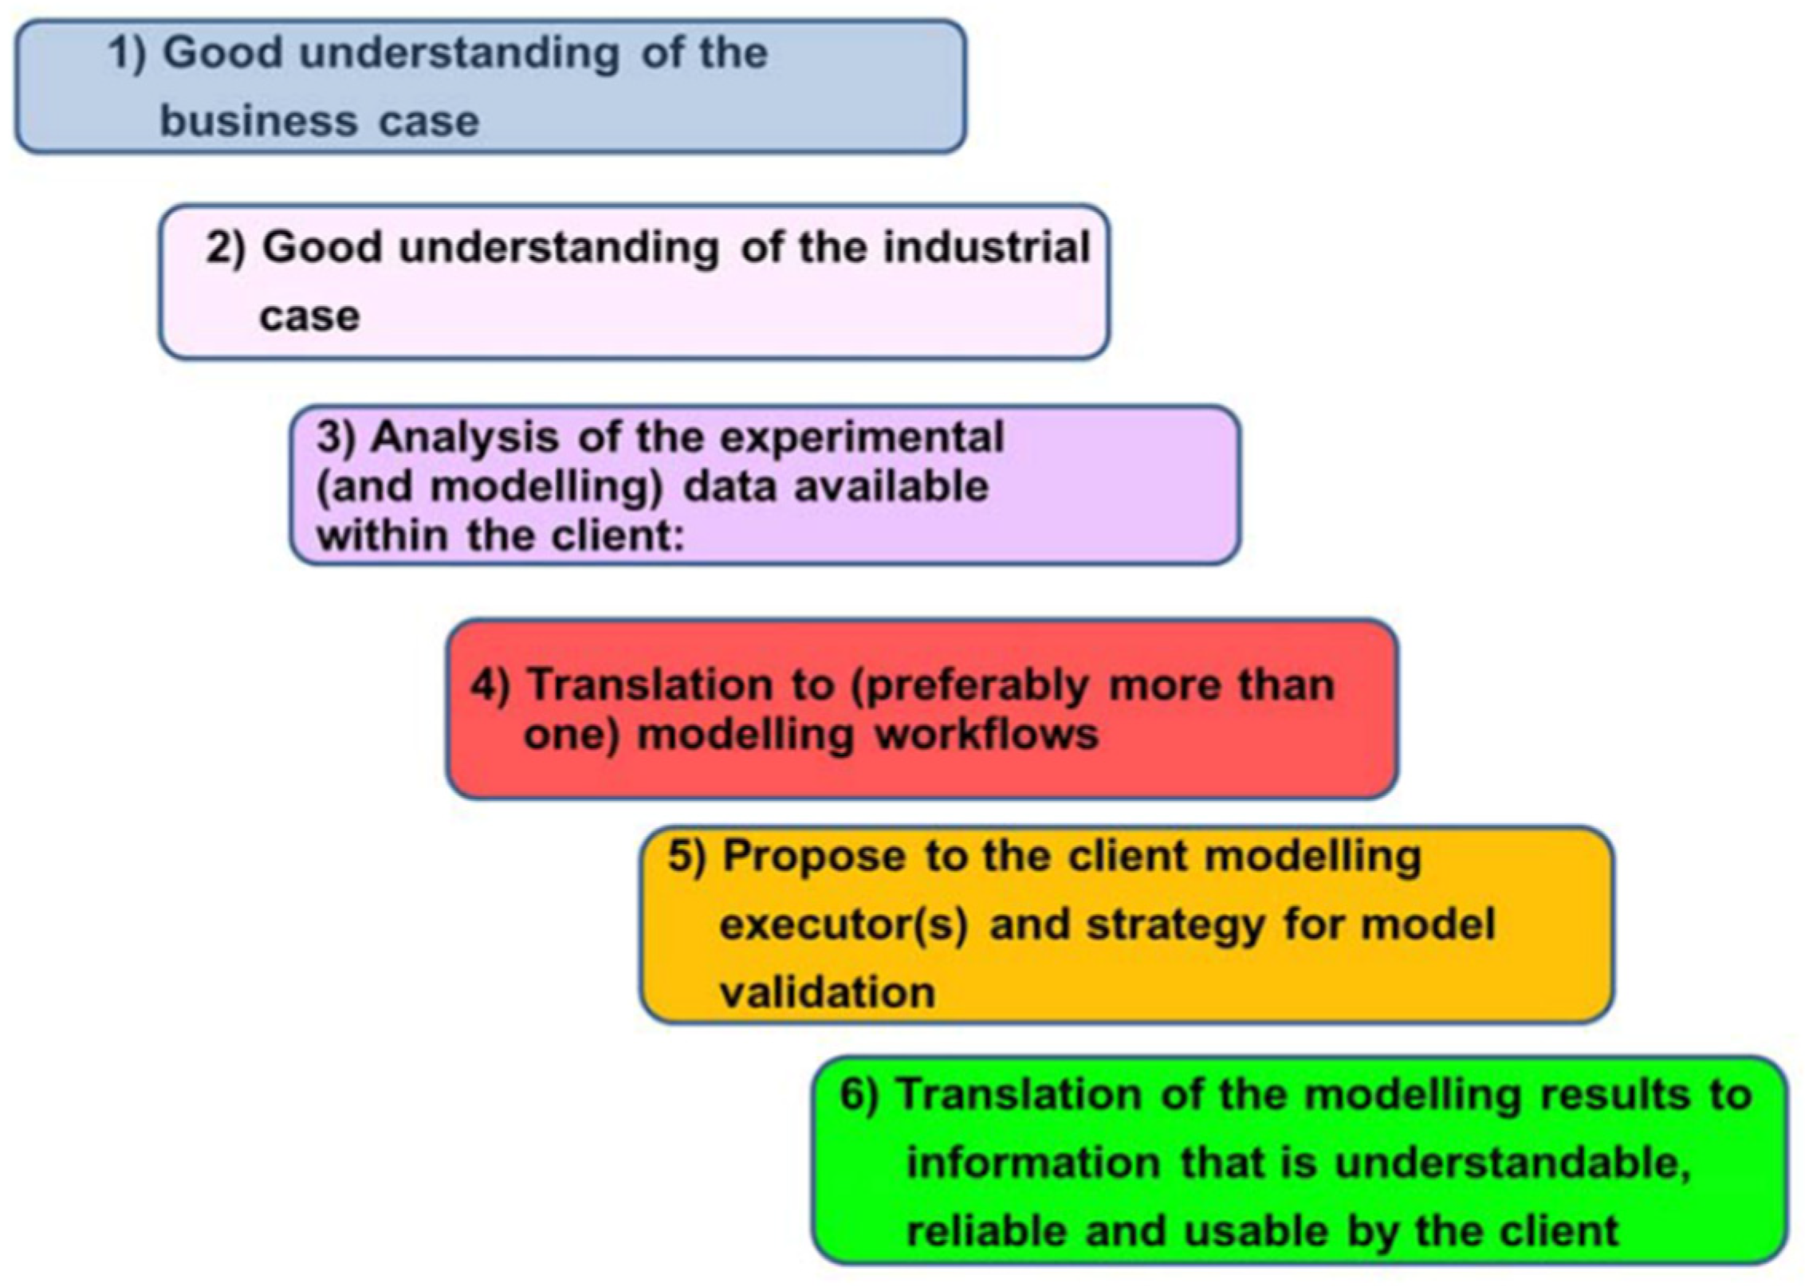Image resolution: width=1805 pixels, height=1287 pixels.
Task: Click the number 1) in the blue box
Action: (128, 54)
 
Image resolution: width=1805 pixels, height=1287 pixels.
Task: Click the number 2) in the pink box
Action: (226, 248)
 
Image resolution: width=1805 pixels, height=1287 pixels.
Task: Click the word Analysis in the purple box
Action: (465, 438)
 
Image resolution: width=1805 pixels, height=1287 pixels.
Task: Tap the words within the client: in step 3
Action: (501, 536)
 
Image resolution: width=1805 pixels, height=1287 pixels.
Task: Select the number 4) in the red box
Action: (490, 686)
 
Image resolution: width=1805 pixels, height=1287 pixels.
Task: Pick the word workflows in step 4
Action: (987, 734)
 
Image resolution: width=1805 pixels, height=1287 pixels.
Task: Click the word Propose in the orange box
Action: (814, 857)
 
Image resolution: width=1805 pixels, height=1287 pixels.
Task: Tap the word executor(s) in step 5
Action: (844, 925)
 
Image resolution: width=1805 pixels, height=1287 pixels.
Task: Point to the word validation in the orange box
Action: (827, 993)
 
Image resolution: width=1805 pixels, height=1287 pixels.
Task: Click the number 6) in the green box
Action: (859, 1095)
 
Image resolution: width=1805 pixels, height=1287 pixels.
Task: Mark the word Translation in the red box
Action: (650, 686)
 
